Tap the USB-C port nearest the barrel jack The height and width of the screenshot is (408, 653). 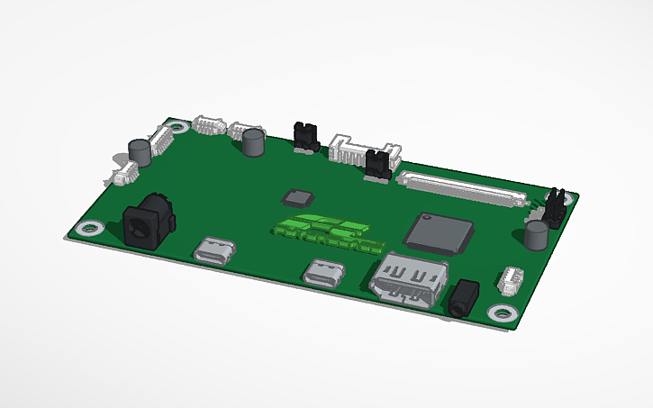[216, 249]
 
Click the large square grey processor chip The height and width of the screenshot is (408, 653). [439, 232]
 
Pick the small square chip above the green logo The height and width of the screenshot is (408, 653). [297, 198]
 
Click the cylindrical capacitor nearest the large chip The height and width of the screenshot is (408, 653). [538, 236]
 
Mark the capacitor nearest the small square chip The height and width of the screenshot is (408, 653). [254, 141]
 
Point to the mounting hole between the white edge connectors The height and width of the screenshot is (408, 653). [178, 126]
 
